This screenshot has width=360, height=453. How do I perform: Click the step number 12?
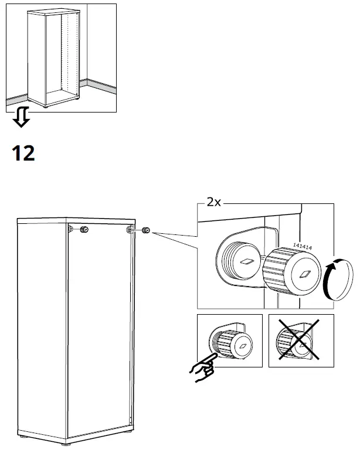coord(23,153)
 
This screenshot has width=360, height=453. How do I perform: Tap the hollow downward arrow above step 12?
coord(21,117)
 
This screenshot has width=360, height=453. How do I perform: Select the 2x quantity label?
coord(213,203)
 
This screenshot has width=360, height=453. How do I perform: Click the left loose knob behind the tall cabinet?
coord(84,229)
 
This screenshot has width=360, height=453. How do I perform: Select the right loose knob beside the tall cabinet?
coord(145,231)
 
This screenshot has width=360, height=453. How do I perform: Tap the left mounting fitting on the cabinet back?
coord(70,228)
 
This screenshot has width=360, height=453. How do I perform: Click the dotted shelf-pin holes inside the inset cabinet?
coord(72,53)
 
